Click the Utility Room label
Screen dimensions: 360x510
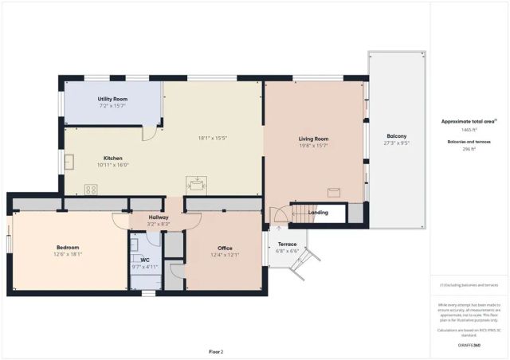tap(112, 99)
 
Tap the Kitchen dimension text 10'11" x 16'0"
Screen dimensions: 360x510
tap(112, 165)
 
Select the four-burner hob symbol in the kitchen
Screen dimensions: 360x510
tap(91, 190)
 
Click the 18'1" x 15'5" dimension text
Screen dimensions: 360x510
tap(213, 138)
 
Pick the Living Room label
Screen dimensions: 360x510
tap(313, 139)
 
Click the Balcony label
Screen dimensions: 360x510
tap(396, 136)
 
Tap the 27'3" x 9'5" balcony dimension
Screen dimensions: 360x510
tap(396, 144)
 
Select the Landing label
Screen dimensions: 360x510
tap(318, 213)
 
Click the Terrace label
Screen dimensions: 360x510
tap(287, 244)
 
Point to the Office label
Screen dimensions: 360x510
tap(224, 248)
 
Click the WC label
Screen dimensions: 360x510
tap(145, 260)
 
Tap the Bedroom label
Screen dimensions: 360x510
tap(68, 247)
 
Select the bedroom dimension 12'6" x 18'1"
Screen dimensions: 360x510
tap(68, 255)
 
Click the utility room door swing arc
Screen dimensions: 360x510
tap(148, 133)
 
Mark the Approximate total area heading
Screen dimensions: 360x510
tap(469, 121)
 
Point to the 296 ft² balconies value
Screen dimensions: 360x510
tap(469, 149)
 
